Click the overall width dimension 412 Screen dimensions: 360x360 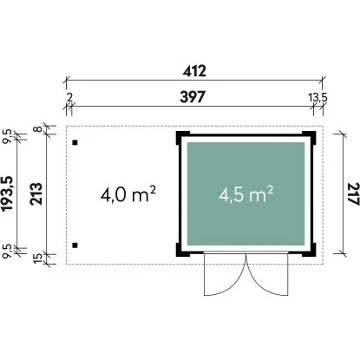[194, 71]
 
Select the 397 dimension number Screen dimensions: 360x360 [193, 97]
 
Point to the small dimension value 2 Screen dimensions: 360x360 [69, 98]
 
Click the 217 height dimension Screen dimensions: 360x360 [353, 194]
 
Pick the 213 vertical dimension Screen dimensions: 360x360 [36, 194]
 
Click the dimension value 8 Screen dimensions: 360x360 [39, 128]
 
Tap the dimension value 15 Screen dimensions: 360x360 [38, 258]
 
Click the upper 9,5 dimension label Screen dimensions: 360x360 [8, 136]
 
